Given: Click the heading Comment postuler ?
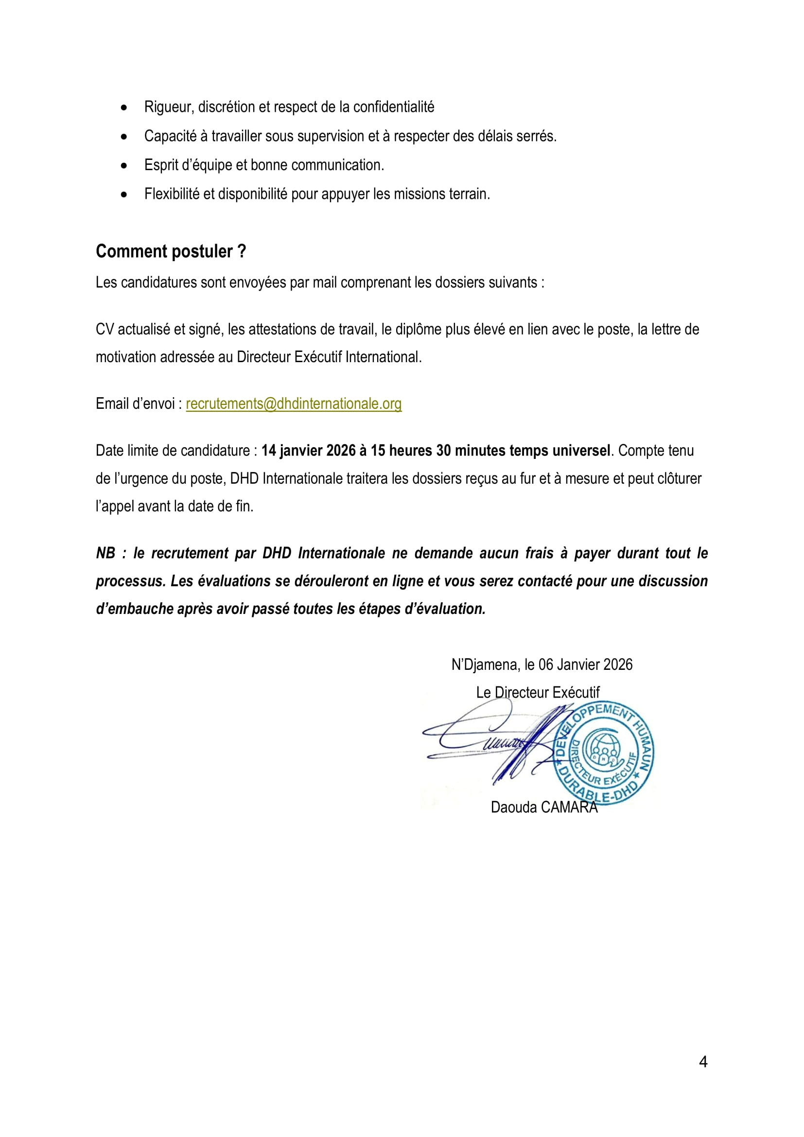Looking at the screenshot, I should click(171, 252).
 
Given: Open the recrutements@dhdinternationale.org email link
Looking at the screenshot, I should click(294, 404).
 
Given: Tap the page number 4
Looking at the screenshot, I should click(703, 1062).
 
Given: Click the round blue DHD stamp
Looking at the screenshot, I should click(603, 752).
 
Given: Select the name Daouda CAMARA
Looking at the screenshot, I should click(544, 807).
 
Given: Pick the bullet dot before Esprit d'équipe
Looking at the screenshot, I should click(124, 166).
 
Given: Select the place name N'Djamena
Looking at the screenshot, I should click(484, 665).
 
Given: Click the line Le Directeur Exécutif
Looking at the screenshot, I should click(538, 692).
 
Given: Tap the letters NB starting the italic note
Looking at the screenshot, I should click(105, 553).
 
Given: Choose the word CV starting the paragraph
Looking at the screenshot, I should click(105, 329).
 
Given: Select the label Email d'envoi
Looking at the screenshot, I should click(135, 404).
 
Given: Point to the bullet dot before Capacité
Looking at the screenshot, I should click(124, 137).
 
